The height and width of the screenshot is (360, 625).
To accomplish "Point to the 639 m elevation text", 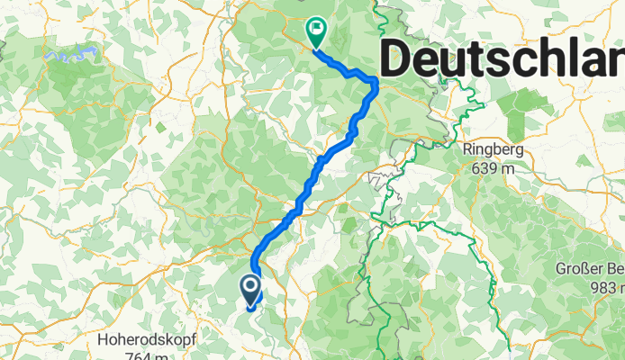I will click(494, 166).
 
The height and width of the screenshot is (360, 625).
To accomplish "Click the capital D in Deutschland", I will click(398, 61).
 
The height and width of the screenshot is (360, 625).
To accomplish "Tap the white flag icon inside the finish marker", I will click(316, 28).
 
